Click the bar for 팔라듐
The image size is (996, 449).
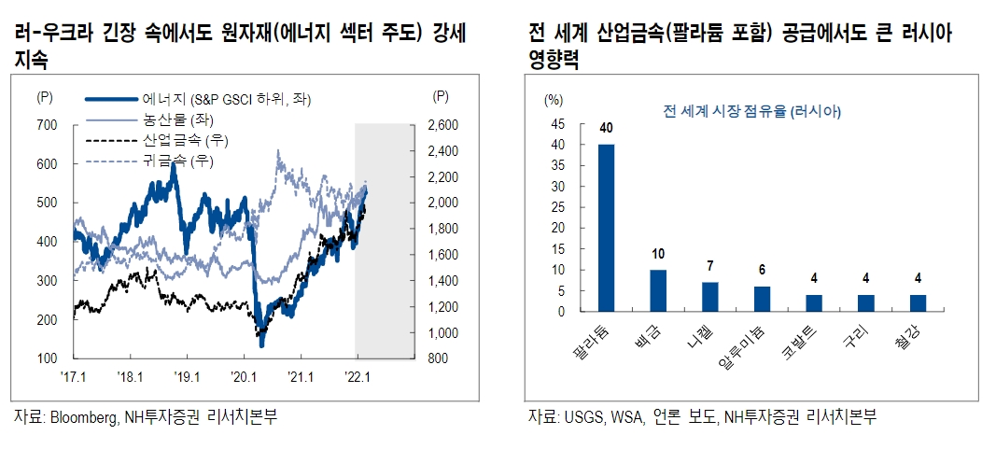coord(607,228)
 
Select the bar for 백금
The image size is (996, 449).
coord(658,290)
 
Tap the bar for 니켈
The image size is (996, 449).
coord(709,297)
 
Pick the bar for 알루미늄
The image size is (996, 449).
coord(762,299)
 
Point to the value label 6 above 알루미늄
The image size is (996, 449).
coord(762,271)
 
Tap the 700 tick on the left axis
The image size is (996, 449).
coord(47,124)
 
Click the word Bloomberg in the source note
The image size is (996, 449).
coord(83,417)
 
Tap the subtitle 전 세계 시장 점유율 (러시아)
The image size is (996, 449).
coord(752,111)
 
